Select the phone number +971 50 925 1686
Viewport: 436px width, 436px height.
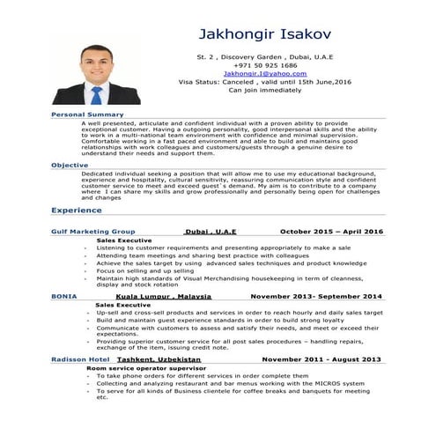click(264, 65)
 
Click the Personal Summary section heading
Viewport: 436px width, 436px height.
click(87, 115)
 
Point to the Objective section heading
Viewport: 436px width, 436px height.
click(70, 165)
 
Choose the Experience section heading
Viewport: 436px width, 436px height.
click(77, 211)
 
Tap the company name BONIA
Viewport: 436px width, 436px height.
click(63, 296)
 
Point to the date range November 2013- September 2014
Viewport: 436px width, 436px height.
click(315, 296)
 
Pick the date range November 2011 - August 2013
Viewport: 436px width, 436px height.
click(321, 359)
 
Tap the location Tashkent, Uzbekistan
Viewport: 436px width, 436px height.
click(155, 359)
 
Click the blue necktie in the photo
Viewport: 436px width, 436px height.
click(97, 92)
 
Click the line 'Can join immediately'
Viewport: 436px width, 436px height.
click(263, 89)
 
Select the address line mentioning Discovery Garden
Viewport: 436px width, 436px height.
click(263, 56)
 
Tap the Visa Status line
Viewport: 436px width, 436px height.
click(263, 81)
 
